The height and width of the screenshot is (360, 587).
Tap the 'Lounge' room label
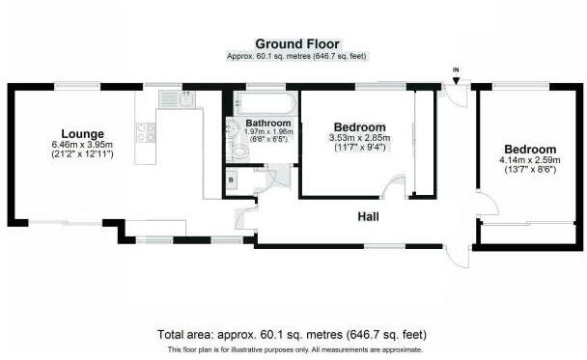coord(82,133)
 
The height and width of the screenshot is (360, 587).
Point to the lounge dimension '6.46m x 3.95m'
coord(82,144)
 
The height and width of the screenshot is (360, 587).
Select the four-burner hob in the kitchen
coord(145,133)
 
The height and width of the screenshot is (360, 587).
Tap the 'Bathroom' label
coord(267,124)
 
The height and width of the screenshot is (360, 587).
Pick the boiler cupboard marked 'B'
coord(232,180)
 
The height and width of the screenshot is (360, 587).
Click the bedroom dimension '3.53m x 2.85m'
coord(360,138)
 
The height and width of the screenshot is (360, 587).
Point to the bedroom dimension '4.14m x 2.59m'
coord(528,160)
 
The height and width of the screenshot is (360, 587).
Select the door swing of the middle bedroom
coord(393,188)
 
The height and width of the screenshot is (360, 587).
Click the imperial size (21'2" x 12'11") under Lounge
coord(82,154)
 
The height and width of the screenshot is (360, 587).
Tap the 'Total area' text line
coord(294,334)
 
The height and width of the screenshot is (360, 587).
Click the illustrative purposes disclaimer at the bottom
coord(294,348)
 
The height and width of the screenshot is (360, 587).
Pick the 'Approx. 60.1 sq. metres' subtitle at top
coord(295,56)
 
